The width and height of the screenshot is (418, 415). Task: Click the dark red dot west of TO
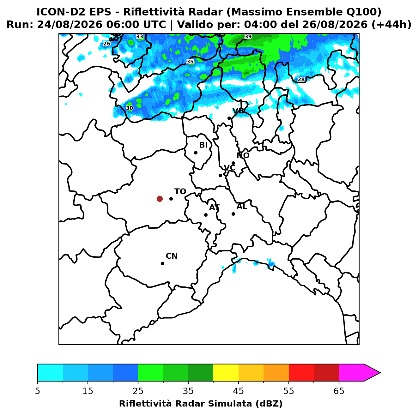(160, 198)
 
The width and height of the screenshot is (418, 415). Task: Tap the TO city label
(180, 191)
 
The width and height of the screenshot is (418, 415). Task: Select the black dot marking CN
(162, 263)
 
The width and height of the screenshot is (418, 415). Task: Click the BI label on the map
(203, 145)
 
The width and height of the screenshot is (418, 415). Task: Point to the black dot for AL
(233, 214)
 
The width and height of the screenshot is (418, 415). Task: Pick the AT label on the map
(214, 207)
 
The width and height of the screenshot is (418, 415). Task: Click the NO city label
(243, 155)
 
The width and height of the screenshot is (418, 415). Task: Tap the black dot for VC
(220, 175)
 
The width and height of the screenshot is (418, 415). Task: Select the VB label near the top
(238, 111)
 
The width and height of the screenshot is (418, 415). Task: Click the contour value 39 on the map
(248, 36)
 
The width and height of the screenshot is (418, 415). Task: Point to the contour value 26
(107, 44)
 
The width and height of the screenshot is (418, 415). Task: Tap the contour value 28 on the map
(301, 80)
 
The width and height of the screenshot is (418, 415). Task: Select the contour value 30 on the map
(130, 108)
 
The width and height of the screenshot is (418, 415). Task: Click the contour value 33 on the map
(140, 37)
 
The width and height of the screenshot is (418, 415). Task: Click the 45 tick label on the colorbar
(239, 391)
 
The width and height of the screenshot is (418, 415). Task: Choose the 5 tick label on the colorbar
(38, 391)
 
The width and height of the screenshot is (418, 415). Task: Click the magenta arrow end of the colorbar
(372, 373)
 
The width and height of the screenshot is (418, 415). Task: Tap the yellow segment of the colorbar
(226, 373)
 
